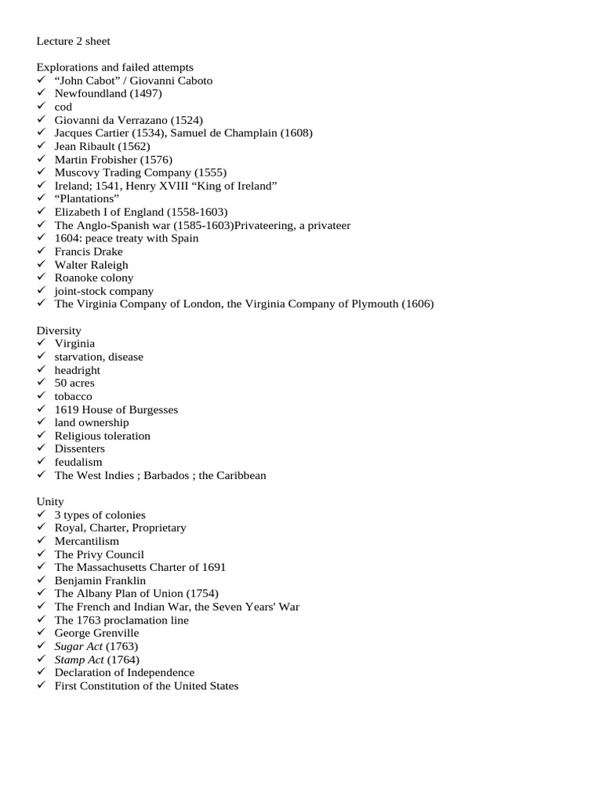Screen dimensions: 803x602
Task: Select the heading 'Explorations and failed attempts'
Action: pos(114,67)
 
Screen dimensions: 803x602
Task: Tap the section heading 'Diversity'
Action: pos(59,331)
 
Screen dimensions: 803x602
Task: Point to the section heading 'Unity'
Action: pos(50,502)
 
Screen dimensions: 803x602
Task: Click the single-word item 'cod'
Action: pos(63,107)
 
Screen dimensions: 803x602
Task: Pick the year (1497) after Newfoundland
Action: pos(146,93)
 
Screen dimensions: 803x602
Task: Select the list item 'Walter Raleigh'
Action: pos(91,265)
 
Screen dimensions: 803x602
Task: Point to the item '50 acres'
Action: pos(74,383)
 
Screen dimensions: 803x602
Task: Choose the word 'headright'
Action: pos(78,370)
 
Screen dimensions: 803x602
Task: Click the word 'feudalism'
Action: pos(78,463)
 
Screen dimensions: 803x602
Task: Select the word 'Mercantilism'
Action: pos(87,541)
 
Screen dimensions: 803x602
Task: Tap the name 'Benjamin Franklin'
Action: pos(100,581)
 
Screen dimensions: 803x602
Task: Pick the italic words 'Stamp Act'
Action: pos(79,659)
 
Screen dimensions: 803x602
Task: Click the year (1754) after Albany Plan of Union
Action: pos(202,594)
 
